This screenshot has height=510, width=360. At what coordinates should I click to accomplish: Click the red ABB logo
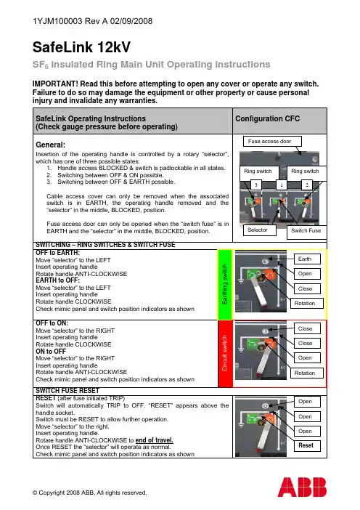pyautogui.click(x=302, y=487)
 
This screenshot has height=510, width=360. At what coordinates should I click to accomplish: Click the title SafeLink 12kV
pyautogui.click(x=81, y=47)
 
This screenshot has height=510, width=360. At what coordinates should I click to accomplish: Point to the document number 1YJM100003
pyautogui.click(x=57, y=21)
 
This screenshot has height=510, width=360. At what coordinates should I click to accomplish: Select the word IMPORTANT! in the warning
pyautogui.click(x=55, y=84)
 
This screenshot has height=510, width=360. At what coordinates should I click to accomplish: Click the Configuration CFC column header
pyautogui.click(x=267, y=118)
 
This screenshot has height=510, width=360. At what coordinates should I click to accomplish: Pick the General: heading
pyautogui.click(x=50, y=145)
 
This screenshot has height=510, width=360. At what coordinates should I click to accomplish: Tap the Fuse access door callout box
pyautogui.click(x=272, y=142)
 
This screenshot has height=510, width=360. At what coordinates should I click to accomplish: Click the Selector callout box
pyautogui.click(x=260, y=230)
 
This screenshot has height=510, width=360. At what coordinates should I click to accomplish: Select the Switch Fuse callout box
pyautogui.click(x=307, y=231)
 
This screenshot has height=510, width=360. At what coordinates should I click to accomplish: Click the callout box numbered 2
pyautogui.click(x=307, y=185)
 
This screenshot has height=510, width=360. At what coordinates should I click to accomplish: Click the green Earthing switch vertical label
pyautogui.click(x=224, y=285)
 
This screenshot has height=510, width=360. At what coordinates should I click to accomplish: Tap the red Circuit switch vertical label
pyautogui.click(x=224, y=354)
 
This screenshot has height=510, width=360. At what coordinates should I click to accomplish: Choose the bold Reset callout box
pyautogui.click(x=307, y=445)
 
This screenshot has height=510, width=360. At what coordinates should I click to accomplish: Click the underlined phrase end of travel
pyautogui.click(x=155, y=440)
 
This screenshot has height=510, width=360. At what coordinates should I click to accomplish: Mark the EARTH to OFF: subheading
pyautogui.click(x=57, y=280)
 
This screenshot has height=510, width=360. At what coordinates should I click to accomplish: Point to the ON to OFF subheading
pyautogui.click(x=51, y=352)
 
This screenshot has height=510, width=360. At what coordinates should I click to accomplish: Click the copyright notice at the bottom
pyautogui.click(x=90, y=493)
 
